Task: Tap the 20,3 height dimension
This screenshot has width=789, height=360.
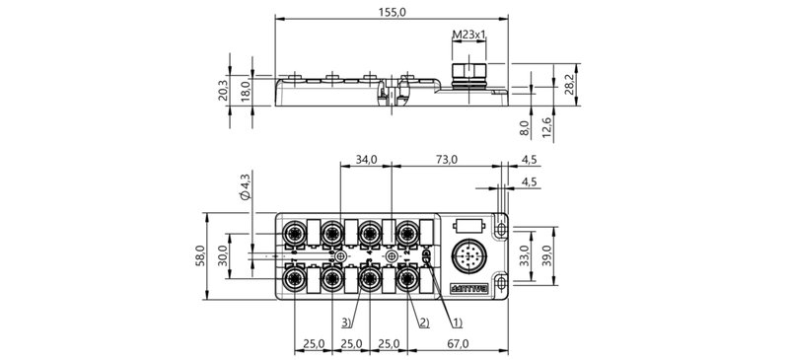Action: (223, 90)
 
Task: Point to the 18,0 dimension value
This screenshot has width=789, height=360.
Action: (247, 88)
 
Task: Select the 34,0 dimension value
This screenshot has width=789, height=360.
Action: (366, 159)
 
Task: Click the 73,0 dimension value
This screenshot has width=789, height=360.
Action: (450, 159)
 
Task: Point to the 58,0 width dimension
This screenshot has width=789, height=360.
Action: (199, 256)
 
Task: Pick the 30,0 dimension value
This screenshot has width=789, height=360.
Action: (223, 256)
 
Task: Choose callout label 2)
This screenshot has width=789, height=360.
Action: (422, 322)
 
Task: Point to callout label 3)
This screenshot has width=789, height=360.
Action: (346, 322)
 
